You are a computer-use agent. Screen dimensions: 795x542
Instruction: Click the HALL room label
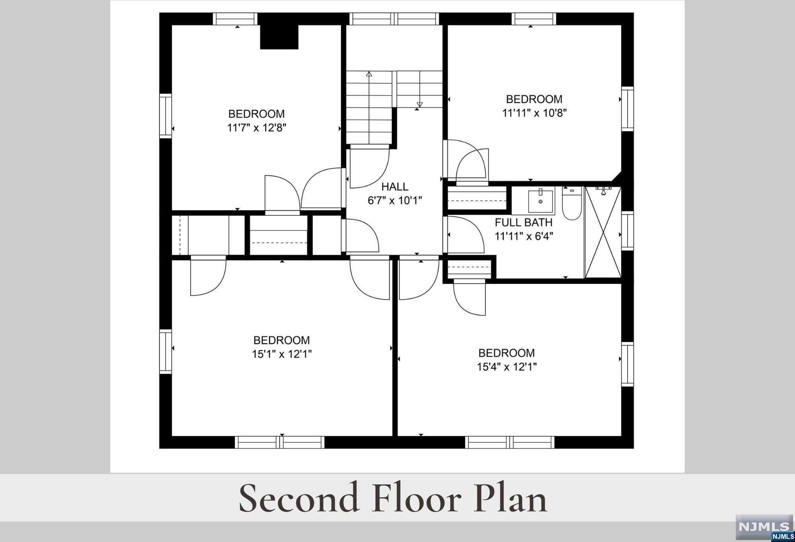click(x=395, y=186)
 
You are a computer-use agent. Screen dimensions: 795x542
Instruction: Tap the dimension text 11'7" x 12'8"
click(x=257, y=128)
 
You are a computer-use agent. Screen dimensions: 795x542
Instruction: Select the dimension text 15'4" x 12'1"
click(x=507, y=367)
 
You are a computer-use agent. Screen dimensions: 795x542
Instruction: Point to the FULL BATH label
click(x=524, y=223)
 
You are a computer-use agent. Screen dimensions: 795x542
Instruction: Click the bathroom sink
click(x=540, y=201)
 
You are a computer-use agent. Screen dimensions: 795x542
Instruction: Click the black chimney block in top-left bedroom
click(x=279, y=37)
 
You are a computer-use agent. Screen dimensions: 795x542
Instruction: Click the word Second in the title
click(x=299, y=498)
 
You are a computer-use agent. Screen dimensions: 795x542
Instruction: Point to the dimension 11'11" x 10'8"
click(x=534, y=113)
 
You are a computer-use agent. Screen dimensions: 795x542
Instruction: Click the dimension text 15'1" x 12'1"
click(x=282, y=354)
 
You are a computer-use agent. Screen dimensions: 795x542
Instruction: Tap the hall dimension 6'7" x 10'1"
click(x=395, y=200)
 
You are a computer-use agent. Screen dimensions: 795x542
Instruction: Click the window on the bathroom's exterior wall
click(x=627, y=230)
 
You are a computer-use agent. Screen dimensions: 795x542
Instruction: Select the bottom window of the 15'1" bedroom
click(x=280, y=442)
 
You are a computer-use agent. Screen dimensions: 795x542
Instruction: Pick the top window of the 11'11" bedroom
click(x=534, y=19)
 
